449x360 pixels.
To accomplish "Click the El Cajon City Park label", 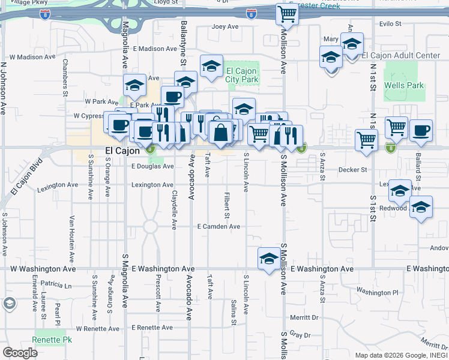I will point(242,75).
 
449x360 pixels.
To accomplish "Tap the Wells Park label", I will point(403,86).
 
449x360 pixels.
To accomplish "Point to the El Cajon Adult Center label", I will point(401,56).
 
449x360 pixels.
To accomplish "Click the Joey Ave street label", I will point(225,27).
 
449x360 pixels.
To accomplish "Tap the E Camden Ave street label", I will point(218,227).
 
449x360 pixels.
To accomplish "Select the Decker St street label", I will point(352,170).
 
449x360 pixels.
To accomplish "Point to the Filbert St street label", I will point(227,205).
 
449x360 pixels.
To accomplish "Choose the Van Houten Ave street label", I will point(71,239).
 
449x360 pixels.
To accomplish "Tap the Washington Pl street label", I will point(377,292).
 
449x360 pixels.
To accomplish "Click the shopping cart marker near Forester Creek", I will point(288,13).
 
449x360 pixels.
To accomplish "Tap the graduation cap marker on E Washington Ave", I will point(268,258).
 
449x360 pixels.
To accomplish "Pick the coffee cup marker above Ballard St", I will point(421,130).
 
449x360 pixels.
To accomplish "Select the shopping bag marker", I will point(221,133).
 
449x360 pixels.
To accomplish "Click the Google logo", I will point(20,353).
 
